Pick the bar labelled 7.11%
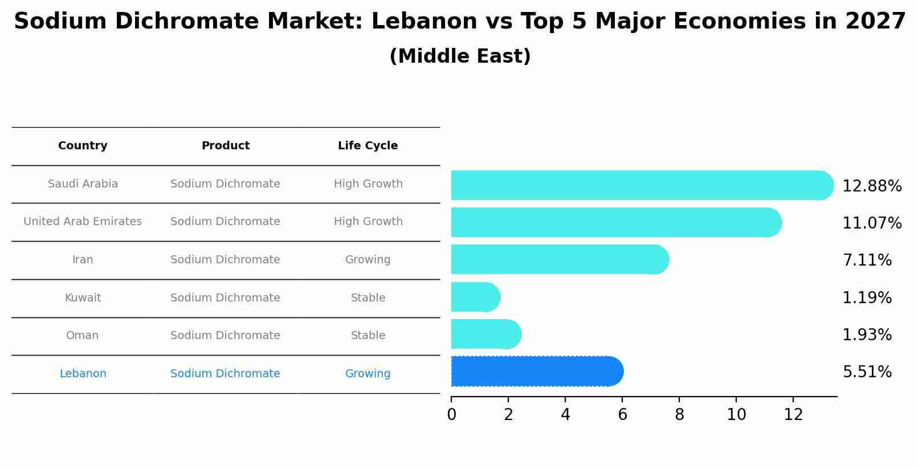coord(559,259)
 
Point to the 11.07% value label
coord(871,223)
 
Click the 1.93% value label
coord(867,335)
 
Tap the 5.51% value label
coord(867,372)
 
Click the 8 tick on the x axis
coord(679,414)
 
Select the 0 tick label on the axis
coord(451,414)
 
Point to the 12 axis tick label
coord(793,414)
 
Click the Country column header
coord(83,146)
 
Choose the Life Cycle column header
coord(368,146)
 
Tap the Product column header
coord(225,146)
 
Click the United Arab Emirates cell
coord(83,222)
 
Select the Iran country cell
coord(83,260)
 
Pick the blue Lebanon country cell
coord(83,374)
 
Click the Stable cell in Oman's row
coord(368,336)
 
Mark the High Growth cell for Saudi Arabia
coord(368,184)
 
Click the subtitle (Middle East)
coord(460,56)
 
